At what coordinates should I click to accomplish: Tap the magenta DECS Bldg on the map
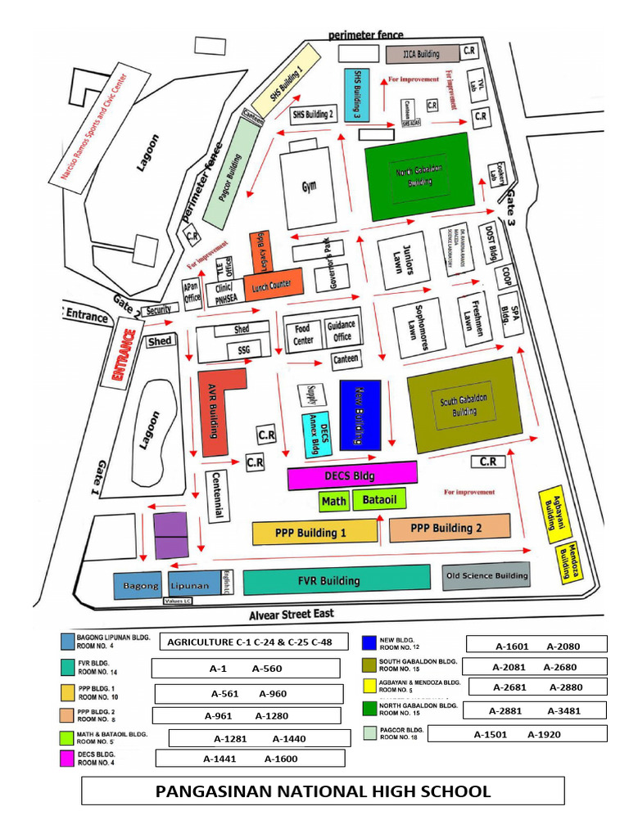tap(353, 475)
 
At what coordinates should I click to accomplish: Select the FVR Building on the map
tap(337, 580)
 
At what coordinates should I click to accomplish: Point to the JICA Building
tap(421, 55)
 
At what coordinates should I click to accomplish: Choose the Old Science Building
tap(486, 575)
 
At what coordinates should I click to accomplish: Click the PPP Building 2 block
tap(450, 528)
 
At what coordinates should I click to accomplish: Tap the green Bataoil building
tap(379, 499)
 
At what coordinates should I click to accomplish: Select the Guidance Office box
tap(341, 331)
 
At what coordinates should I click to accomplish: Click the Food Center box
tap(303, 335)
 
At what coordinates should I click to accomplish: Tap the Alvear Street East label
tap(292, 614)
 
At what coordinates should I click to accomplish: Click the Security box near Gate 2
tap(160, 310)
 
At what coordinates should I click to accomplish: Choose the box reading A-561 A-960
tap(248, 694)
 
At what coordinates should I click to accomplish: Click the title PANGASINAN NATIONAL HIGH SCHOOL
tap(323, 791)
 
